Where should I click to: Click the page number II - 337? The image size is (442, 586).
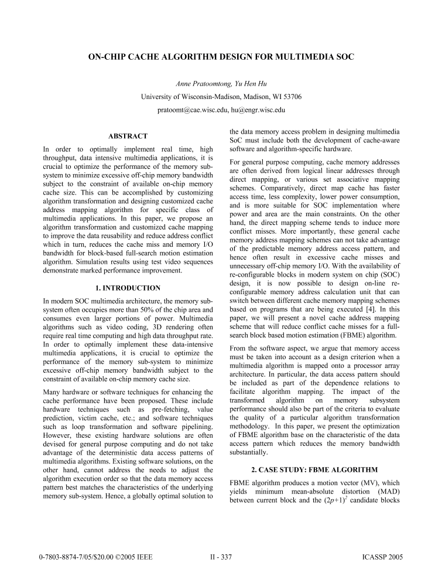[x=221, y=557]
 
